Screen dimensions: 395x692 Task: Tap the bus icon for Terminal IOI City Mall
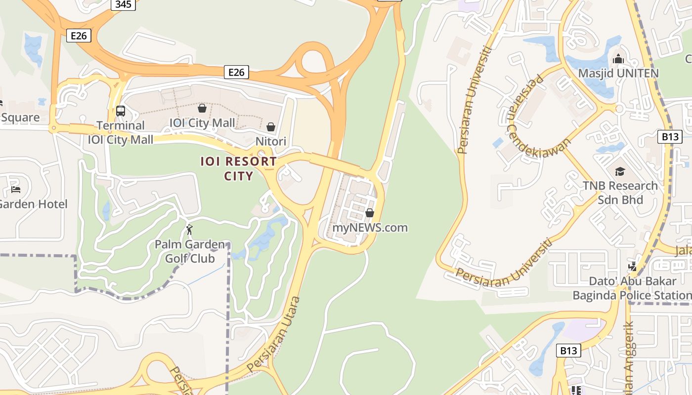coord(121,111)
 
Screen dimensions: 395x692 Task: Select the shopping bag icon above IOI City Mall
coord(202,108)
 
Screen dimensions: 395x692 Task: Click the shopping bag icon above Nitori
coord(270,127)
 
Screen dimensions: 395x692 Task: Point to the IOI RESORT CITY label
coord(239,168)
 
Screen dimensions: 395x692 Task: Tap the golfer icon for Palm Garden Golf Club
coord(189,230)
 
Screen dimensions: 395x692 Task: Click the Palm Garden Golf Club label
coord(190,251)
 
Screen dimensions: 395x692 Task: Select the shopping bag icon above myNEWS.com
coord(369,213)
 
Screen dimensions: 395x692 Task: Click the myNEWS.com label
coord(370,228)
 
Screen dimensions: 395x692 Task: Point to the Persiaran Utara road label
coord(274,334)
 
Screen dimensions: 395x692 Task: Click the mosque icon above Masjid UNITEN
coord(618,60)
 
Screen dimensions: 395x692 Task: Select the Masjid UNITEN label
coord(618,74)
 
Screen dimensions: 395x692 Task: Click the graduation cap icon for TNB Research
coord(620,171)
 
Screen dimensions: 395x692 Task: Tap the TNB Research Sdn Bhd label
coord(620,193)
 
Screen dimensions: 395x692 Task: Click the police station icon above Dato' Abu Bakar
coord(632,267)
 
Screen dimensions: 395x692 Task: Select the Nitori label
coord(271,142)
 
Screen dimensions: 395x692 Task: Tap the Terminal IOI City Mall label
coord(121,132)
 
